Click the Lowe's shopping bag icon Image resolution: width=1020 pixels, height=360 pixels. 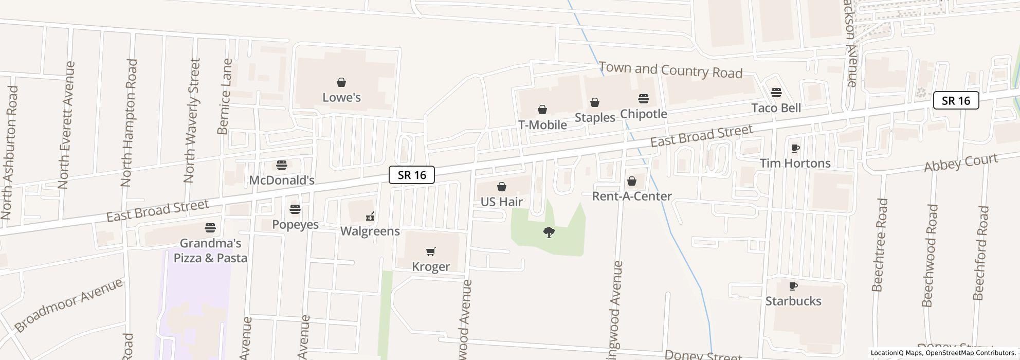(x=341, y=82)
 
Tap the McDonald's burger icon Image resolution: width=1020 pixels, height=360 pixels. (x=281, y=165)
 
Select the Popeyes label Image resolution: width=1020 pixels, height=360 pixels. (x=295, y=225)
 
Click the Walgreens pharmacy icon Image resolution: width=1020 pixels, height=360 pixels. (x=370, y=217)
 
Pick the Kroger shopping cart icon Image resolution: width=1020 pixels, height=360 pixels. (x=431, y=251)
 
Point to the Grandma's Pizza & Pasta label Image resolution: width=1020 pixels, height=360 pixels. (x=210, y=250)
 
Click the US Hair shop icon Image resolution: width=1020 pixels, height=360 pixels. (x=502, y=187)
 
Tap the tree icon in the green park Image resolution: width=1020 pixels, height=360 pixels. (x=549, y=232)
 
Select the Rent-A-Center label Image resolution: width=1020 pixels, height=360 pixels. (x=632, y=196)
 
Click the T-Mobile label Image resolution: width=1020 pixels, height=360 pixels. (x=542, y=125)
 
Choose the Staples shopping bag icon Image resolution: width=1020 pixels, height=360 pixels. (x=595, y=103)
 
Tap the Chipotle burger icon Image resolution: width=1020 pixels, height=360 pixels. (x=644, y=99)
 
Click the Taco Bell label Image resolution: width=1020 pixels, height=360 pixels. (x=776, y=108)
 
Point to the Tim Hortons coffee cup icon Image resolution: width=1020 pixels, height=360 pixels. (x=795, y=149)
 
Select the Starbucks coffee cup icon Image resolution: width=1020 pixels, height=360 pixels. (x=793, y=286)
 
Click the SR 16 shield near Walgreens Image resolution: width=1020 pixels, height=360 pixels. (x=412, y=175)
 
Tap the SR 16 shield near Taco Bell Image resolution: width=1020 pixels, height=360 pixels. (x=956, y=101)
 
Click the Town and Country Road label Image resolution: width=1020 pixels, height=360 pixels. (x=670, y=70)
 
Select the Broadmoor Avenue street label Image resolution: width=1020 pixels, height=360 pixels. (x=68, y=305)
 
